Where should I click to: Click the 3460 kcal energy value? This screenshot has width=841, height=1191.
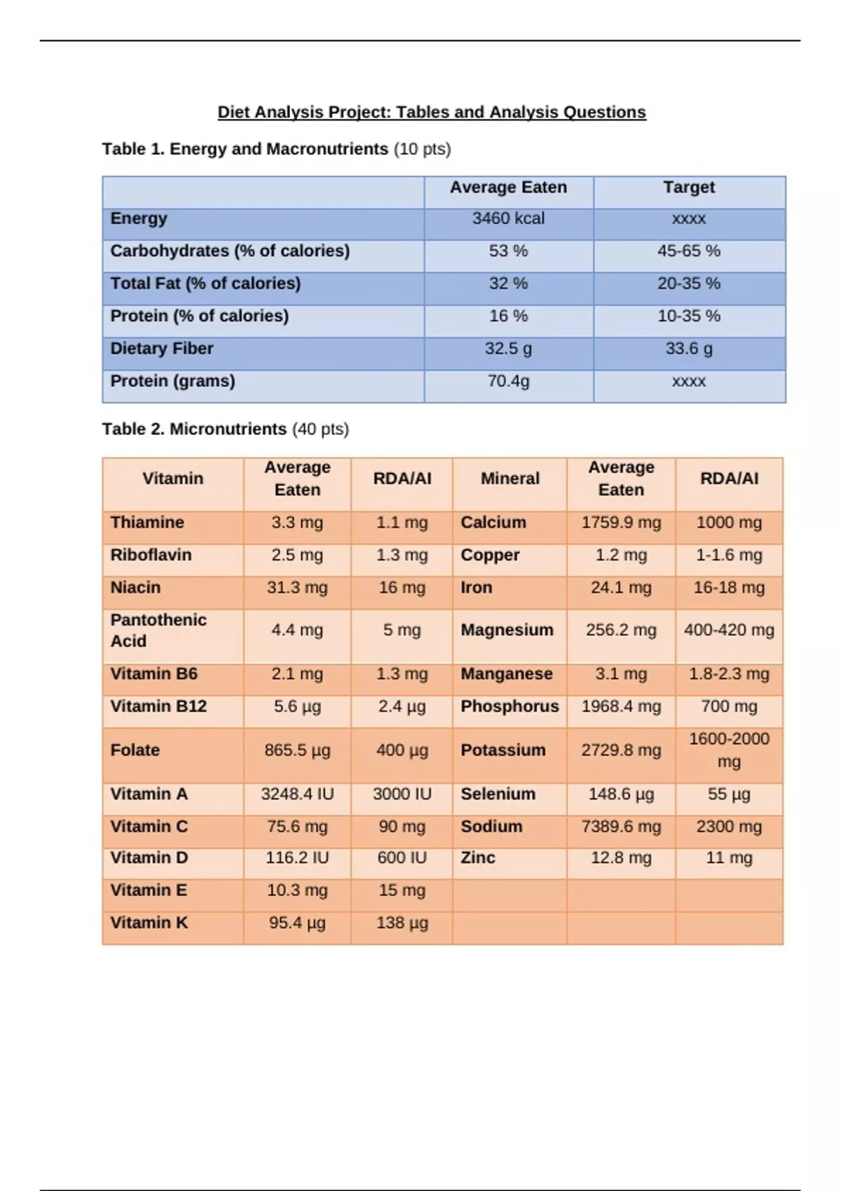[x=508, y=219]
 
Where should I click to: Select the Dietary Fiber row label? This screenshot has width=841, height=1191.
[x=162, y=349]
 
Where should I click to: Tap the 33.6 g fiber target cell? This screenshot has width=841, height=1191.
[x=689, y=349]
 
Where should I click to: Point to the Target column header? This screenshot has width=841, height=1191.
[x=689, y=187]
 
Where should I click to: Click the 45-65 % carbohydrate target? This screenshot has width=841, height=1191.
[x=689, y=251]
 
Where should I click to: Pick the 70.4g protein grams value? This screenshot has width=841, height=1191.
[x=508, y=381]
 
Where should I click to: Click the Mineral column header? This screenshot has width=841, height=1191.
[x=510, y=479]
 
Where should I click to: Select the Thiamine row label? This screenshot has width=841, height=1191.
[x=147, y=523]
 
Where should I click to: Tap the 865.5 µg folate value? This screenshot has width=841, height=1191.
[x=297, y=750]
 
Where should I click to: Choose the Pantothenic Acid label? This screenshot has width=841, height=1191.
[x=158, y=631]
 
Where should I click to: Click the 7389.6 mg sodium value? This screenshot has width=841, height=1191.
[x=621, y=827]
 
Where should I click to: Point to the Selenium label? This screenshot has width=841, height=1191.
[x=498, y=794]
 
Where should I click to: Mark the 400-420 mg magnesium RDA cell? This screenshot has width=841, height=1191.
[x=729, y=630]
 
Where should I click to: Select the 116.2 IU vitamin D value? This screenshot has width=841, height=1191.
[x=297, y=858]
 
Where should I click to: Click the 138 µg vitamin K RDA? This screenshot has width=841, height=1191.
[x=402, y=923]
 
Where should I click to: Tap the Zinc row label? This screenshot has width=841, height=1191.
[x=478, y=858]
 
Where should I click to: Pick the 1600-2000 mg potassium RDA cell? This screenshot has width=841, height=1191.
[x=729, y=750]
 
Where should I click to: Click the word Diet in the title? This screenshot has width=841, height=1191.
[x=233, y=112]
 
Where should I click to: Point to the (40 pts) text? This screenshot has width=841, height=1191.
[x=320, y=429]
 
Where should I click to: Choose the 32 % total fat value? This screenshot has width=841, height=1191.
[x=508, y=284]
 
